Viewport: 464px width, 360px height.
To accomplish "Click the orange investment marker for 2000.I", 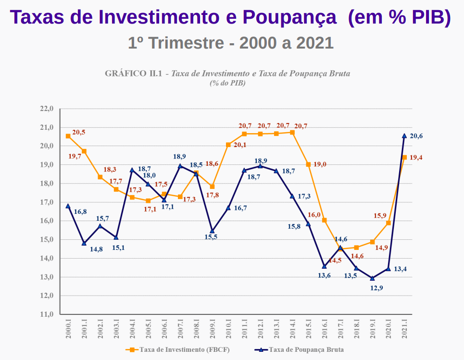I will [x=68, y=136].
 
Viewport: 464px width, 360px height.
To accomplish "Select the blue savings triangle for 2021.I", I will [x=404, y=136].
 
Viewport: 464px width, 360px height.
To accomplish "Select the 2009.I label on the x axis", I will [x=212, y=330].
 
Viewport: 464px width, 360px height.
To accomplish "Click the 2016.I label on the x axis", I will [x=325, y=330].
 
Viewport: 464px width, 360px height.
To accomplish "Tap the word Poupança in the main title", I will [x=289, y=17].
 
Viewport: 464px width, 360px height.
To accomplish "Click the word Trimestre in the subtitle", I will [x=187, y=43].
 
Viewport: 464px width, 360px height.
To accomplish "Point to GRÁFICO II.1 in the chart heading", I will [x=133, y=74].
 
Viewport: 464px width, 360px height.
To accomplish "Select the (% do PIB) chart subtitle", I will [x=227, y=83].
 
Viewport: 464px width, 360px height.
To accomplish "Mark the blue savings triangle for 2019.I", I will [x=372, y=278].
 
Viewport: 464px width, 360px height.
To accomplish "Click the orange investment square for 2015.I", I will [x=308, y=164].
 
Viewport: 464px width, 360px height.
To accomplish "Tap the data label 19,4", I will [x=416, y=158].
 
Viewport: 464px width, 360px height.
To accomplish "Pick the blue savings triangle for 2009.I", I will [x=212, y=231].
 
